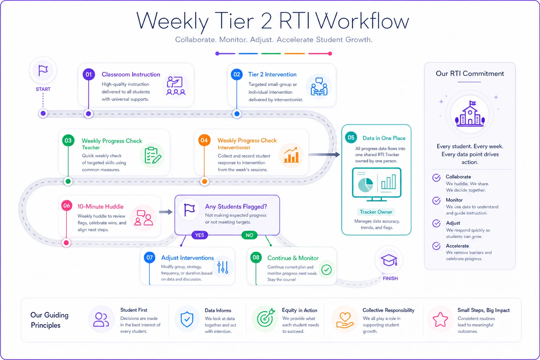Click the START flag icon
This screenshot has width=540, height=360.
[43, 71]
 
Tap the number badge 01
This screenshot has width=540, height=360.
[89, 74]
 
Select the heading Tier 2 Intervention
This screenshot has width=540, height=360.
[272, 75]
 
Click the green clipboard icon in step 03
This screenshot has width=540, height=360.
[153, 155]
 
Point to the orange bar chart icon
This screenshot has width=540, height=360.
[291, 155]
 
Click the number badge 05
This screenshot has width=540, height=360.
[351, 138]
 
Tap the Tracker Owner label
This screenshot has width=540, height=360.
[376, 212]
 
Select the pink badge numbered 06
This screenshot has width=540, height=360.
[67, 206]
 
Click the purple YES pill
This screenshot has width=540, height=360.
[200, 235]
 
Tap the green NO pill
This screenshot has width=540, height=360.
[249, 235]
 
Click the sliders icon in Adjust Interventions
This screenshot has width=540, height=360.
[223, 267]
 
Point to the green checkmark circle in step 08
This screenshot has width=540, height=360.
[326, 270]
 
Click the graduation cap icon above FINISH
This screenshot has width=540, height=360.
[389, 260]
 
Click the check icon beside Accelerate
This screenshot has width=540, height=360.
[436, 246]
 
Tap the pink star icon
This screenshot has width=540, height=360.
[440, 320]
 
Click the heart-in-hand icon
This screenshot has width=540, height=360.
[345, 320]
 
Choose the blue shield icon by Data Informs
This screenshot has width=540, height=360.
[187, 320]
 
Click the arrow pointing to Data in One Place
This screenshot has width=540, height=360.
[324, 155]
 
